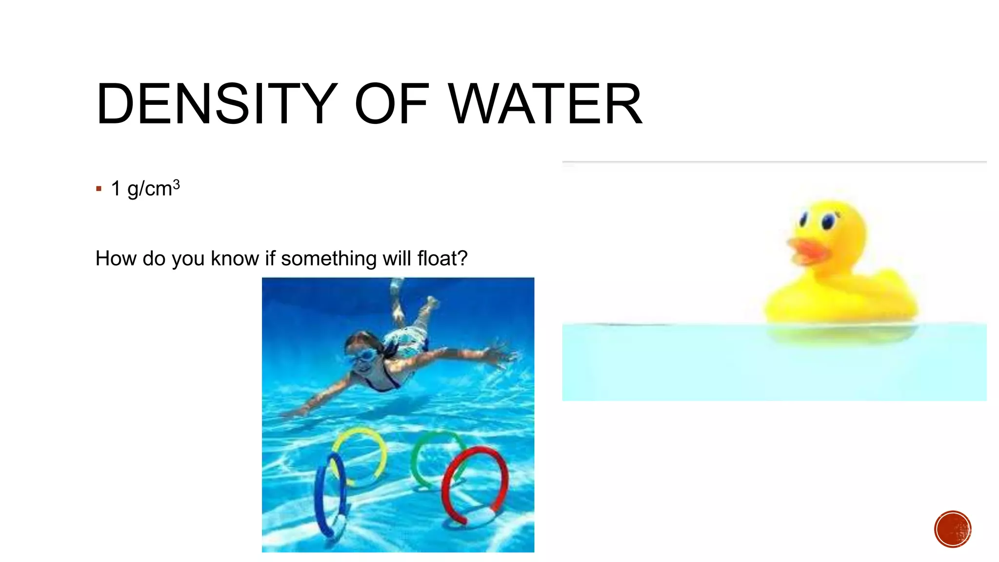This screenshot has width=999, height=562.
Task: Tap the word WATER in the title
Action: click(545, 104)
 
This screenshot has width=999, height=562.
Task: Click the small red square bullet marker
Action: click(99, 189)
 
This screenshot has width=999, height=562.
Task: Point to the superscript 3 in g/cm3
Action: click(177, 184)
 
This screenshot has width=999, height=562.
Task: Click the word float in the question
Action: click(442, 258)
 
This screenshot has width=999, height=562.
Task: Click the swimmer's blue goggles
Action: click(361, 355)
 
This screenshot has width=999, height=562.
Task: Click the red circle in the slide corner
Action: click(953, 529)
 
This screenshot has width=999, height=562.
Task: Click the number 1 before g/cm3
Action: click(116, 188)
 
